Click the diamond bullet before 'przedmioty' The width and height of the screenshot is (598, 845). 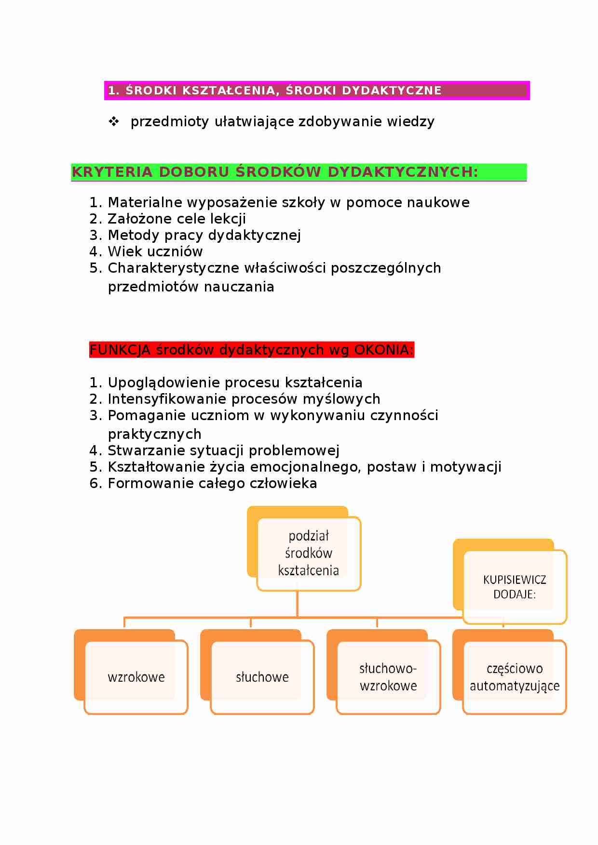pos(114,121)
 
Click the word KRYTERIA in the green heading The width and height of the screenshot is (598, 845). pos(112,172)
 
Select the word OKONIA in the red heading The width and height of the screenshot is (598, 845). pos(384,350)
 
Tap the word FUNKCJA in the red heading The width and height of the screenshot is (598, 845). pos(120,350)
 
